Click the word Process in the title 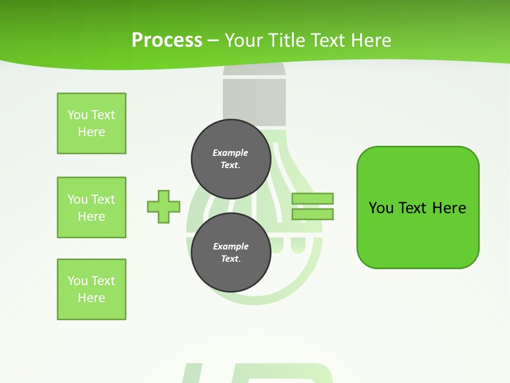tap(167, 40)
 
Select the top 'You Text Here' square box tap(91, 123)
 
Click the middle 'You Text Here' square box tap(91, 207)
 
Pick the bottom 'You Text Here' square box tap(91, 289)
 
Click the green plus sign tap(164, 206)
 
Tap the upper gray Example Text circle tap(231, 159)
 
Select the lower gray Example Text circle tap(231, 253)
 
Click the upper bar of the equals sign tap(312, 198)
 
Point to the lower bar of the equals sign tap(312, 214)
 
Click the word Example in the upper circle tap(231, 153)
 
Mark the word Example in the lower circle tap(231, 246)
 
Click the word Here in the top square tap(91, 132)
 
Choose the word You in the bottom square tap(78, 281)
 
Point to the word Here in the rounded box tap(449, 208)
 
